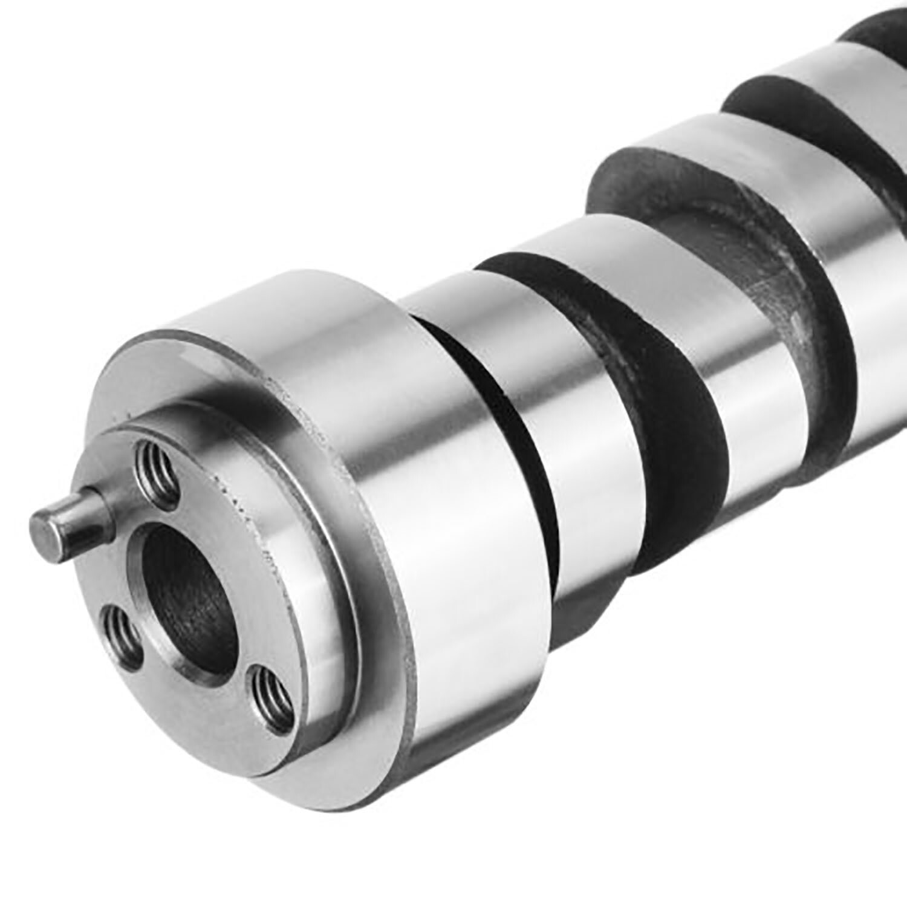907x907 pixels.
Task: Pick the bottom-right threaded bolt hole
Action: (271, 695)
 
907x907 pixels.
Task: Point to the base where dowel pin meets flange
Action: (109, 502)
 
